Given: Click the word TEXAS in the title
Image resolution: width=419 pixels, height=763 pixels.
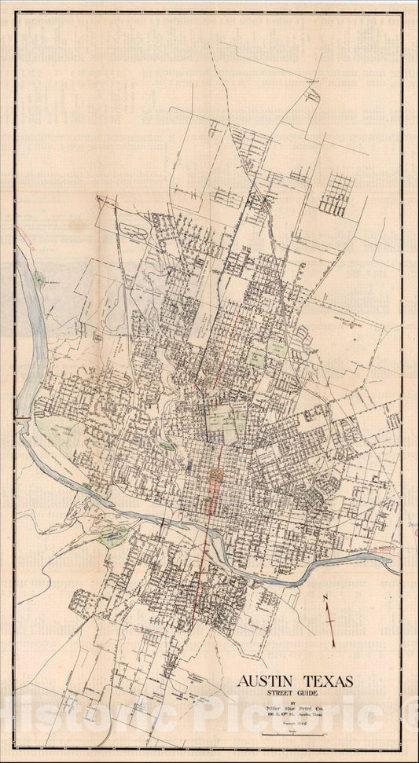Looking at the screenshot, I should click(329, 680).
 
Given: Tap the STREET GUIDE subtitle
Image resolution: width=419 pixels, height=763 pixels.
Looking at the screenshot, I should click(296, 693).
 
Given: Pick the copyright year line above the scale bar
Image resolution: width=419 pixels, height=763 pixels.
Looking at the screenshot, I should click(296, 724).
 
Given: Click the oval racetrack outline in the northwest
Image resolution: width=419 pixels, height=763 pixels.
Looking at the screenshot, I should click(133, 233).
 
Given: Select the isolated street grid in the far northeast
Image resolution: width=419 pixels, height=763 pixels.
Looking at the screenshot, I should click(337, 193).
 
